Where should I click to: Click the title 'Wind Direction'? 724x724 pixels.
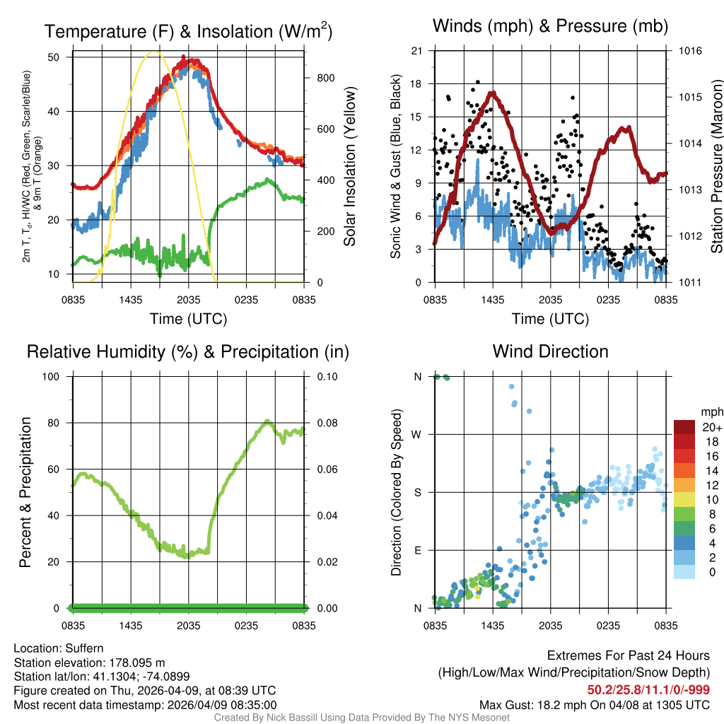(550, 351)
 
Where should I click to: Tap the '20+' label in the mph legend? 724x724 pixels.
(711, 427)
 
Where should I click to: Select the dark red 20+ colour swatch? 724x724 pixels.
(685, 427)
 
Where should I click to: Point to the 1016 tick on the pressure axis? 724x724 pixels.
(691, 51)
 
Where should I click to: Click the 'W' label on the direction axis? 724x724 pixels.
(417, 434)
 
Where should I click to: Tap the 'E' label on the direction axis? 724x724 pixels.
(417, 550)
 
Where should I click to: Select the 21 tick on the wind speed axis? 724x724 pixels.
(417, 51)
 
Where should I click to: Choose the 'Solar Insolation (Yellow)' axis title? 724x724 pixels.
(349, 167)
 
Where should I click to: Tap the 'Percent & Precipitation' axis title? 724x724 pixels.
(25, 492)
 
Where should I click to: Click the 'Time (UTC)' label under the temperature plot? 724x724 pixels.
(188, 319)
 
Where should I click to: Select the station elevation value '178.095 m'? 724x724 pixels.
(136, 662)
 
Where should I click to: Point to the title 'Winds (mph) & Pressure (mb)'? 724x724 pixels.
(550, 27)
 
